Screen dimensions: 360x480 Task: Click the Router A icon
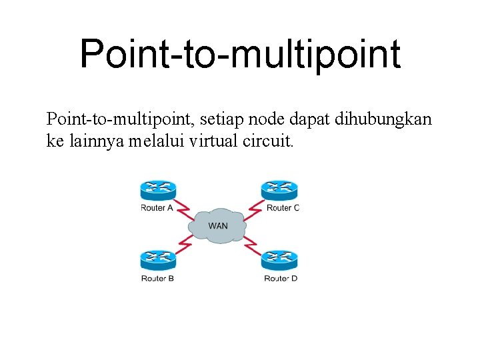pos(157,191)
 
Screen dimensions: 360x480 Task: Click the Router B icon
pos(157,260)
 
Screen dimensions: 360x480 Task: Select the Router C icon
pos(279,191)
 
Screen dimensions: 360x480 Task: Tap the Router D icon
pos(279,260)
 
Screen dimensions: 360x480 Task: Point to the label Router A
pos(157,208)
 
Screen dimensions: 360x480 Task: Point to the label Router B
pos(157,278)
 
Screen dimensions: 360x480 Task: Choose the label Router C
pos(283,208)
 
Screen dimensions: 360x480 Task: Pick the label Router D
pos(281,278)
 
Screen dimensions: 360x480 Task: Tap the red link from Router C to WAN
pos(251,208)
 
